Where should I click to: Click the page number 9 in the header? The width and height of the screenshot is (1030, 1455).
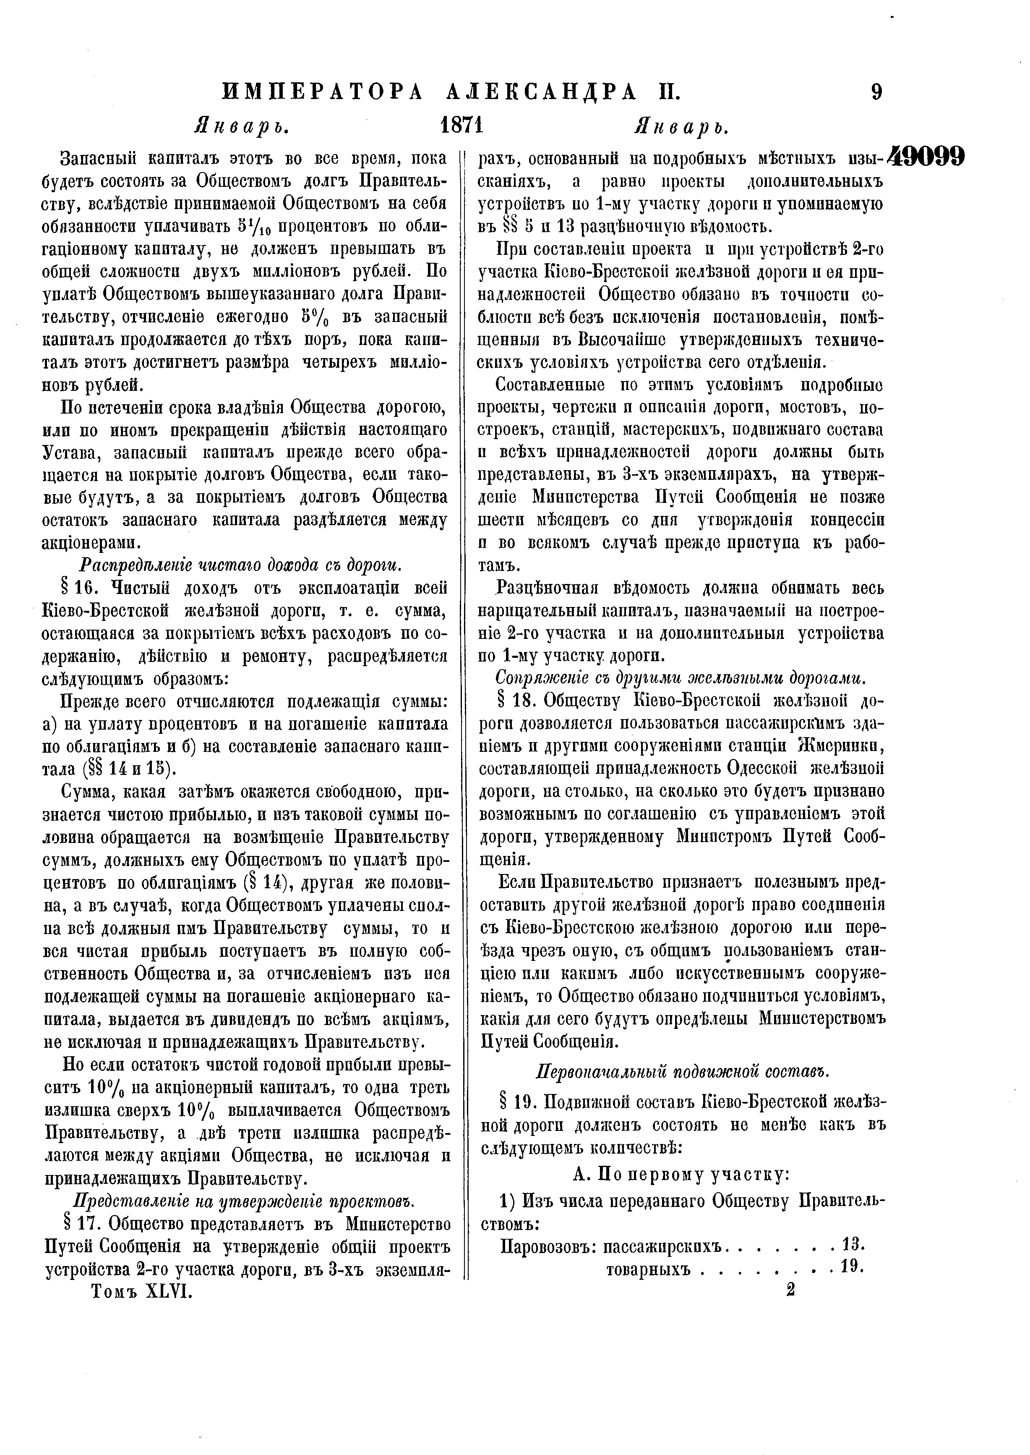click(x=876, y=93)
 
